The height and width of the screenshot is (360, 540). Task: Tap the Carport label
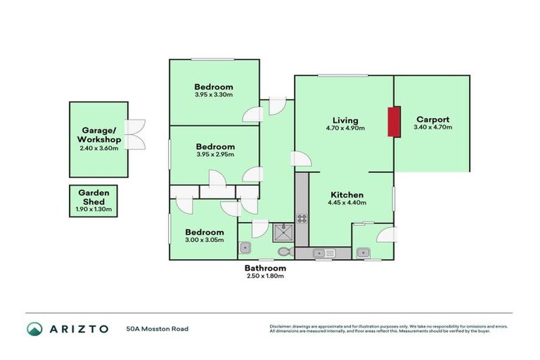(432, 120)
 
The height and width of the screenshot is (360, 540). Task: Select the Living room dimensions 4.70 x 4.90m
(342, 128)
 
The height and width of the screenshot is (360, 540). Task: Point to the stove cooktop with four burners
(302, 218)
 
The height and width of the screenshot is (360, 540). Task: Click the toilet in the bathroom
(284, 250)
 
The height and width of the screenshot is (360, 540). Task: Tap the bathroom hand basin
(245, 247)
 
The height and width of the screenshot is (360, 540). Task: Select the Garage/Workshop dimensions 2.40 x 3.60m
(99, 148)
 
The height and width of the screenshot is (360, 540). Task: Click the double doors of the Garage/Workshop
(136, 134)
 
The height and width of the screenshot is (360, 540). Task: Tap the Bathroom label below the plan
(265, 268)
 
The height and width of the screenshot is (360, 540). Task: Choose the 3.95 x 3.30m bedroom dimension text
(214, 95)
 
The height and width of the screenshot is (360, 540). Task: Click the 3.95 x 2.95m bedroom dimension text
(214, 155)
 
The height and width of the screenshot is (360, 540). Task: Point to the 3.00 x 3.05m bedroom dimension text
(204, 240)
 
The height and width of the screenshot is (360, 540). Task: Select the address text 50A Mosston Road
(157, 328)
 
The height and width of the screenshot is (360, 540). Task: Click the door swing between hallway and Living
(301, 159)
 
